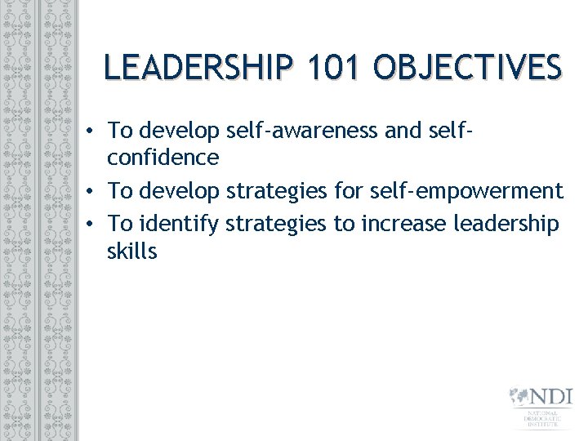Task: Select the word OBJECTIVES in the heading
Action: pyautogui.click(x=468, y=67)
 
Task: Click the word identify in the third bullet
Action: pyautogui.click(x=179, y=223)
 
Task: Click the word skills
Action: pyautogui.click(x=131, y=251)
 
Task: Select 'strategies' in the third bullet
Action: pyautogui.click(x=274, y=223)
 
